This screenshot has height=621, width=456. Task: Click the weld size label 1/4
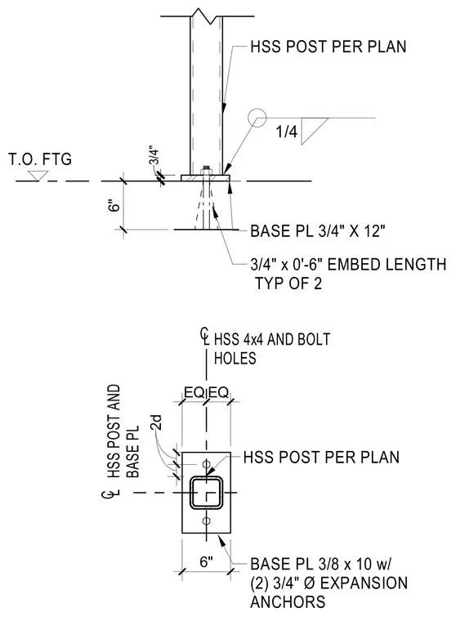[x=287, y=132]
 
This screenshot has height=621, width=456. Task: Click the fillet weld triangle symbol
[x=315, y=131]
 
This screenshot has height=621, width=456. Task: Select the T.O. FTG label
[x=40, y=159]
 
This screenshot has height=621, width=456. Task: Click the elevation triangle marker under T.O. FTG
[x=39, y=176]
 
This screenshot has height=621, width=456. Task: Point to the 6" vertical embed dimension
[x=114, y=207]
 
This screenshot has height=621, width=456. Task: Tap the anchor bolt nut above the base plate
[x=206, y=170]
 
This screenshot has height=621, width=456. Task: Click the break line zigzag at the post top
[x=206, y=16]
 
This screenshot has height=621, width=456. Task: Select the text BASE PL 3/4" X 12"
[x=318, y=231]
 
